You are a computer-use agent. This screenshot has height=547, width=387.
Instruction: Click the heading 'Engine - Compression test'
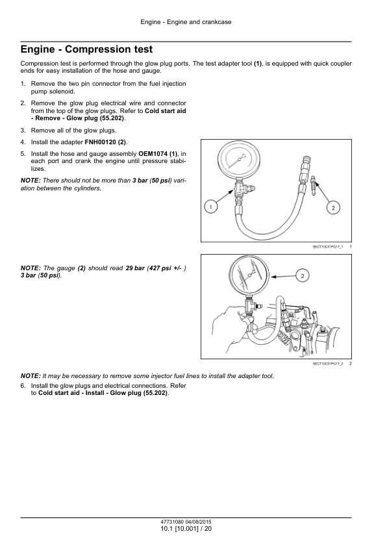pyautogui.click(x=86, y=49)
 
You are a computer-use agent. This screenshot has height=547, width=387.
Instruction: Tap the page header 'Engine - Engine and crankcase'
pyautogui.click(x=186, y=22)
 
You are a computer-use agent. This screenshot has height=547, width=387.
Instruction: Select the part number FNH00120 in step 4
pyautogui.click(x=101, y=142)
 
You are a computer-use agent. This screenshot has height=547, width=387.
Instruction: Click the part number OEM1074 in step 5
pyautogui.click(x=153, y=153)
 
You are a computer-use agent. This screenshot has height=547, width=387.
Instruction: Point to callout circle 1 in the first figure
pyautogui.click(x=210, y=207)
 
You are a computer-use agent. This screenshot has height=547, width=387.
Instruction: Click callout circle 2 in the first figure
pyautogui.click(x=333, y=208)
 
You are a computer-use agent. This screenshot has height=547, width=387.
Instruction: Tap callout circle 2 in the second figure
pyautogui.click(x=303, y=276)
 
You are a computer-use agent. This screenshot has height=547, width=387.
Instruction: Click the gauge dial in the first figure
pyautogui.click(x=239, y=159)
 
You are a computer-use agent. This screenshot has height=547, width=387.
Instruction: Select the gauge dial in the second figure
pyautogui.click(x=249, y=275)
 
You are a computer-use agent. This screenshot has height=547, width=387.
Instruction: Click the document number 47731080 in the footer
pyautogui.click(x=172, y=522)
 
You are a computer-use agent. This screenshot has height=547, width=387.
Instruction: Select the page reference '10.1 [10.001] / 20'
pyautogui.click(x=186, y=529)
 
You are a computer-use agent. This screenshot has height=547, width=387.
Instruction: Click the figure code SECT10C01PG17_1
pyautogui.click(x=328, y=247)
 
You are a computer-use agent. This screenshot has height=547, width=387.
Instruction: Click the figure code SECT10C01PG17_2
pyautogui.click(x=328, y=364)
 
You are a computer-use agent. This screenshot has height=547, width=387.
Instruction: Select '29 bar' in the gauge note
pyautogui.click(x=135, y=268)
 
